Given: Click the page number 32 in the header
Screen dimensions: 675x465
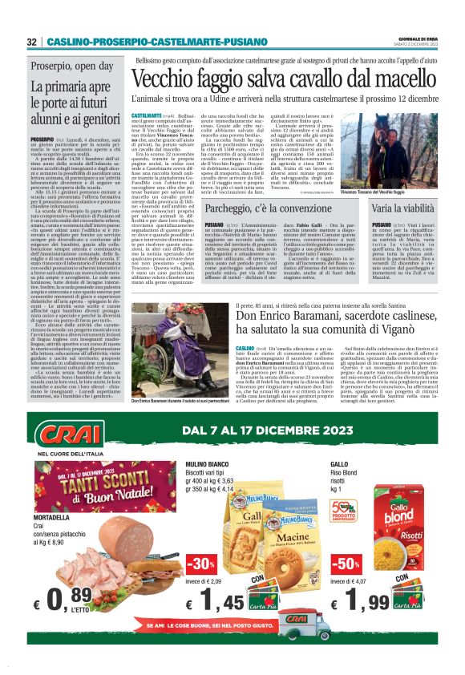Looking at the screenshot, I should click(31, 42).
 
